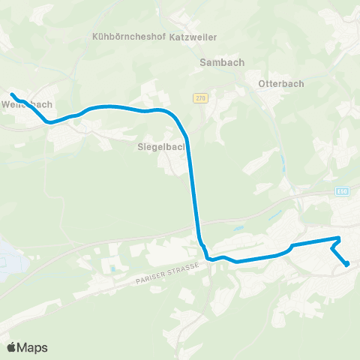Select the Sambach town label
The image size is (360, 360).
(x=218, y=63)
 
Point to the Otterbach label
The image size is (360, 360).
(x=281, y=83)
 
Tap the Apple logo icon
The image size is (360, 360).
(x=12, y=347)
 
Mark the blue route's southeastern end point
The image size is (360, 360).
(x=347, y=264)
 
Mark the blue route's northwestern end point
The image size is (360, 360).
(x=12, y=94)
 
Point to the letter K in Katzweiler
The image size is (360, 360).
(x=173, y=35)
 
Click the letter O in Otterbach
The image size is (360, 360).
(x=261, y=83)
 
